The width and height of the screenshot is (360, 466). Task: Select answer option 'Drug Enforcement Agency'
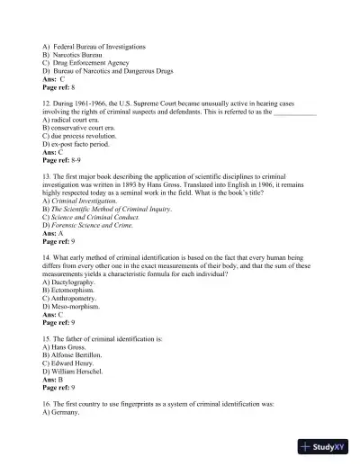(97, 62)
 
